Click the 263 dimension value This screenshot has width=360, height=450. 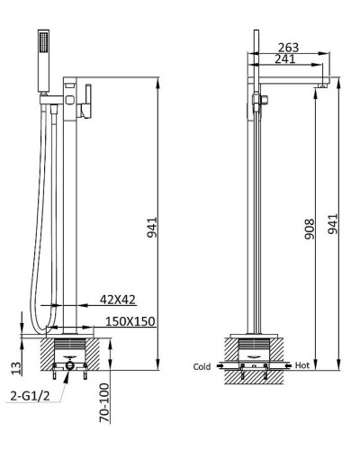[x=288, y=48]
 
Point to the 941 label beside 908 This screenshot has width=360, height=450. [x=335, y=222]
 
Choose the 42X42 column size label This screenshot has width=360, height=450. [x=118, y=300]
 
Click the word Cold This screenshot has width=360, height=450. [x=202, y=366]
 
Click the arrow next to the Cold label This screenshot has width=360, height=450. [x=220, y=366]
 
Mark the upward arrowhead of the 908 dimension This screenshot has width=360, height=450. [x=316, y=90]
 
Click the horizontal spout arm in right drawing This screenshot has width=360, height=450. [x=288, y=78]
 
